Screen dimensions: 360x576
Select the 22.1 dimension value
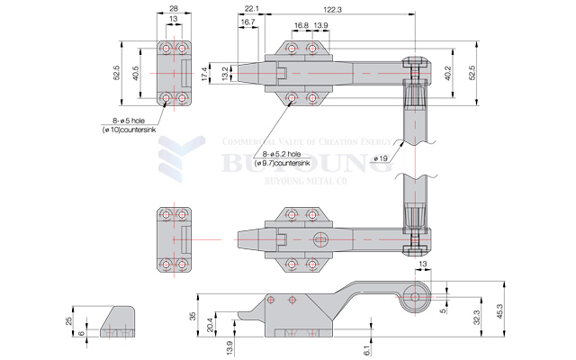pos(251,9)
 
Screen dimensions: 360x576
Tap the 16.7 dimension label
pos(247,22)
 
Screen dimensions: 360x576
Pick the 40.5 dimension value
pos(136,75)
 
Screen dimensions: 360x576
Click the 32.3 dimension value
pos(475,317)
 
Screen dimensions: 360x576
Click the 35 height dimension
pos(192,316)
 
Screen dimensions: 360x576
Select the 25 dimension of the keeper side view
pos(70,319)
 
